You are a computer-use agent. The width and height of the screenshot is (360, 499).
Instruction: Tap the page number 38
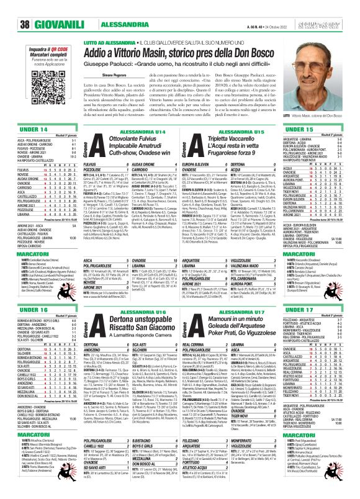point(8,8)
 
